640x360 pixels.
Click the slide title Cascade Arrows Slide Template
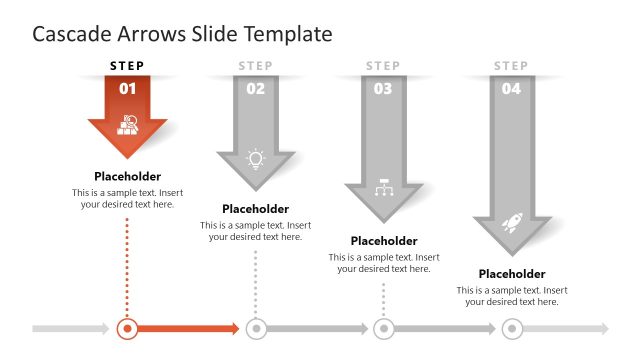[x=182, y=34]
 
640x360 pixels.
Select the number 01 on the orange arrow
[x=128, y=88]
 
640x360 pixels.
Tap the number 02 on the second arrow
[x=256, y=88]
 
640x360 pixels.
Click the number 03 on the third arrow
[x=383, y=88]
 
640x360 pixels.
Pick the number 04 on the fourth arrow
[x=511, y=88]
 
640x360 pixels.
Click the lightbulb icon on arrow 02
[x=256, y=158]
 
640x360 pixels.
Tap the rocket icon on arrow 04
[x=511, y=222]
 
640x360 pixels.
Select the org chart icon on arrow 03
[x=383, y=188]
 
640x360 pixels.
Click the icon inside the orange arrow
[x=128, y=125]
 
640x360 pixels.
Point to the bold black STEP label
[x=128, y=66]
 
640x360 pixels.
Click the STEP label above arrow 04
[x=511, y=66]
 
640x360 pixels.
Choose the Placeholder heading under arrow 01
[x=128, y=176]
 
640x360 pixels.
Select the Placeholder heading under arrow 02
[x=256, y=209]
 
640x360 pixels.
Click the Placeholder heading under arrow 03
[x=384, y=241]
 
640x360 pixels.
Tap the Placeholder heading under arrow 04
[x=512, y=274]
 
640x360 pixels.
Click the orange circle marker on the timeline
[x=128, y=328]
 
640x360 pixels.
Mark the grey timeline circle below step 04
[x=512, y=328]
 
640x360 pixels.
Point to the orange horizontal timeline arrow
[x=190, y=328]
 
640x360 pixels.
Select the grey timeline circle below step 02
[x=256, y=328]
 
